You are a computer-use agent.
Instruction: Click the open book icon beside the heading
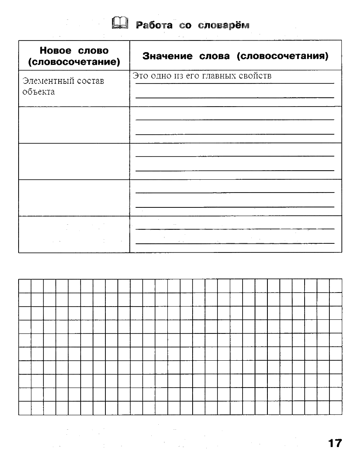(x=120, y=24)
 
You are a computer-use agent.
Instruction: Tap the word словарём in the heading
(x=224, y=25)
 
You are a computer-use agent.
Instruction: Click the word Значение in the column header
(x=167, y=56)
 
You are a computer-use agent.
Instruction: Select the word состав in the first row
(x=91, y=81)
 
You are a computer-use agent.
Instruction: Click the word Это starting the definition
(x=140, y=76)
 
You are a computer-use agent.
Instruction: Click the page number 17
(x=335, y=443)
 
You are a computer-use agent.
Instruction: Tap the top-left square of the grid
(x=25, y=286)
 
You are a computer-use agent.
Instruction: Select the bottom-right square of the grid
(x=336, y=408)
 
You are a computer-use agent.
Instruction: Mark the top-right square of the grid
(x=336, y=286)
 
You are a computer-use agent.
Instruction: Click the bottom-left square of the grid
(x=25, y=408)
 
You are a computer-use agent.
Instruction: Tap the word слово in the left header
(x=93, y=51)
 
